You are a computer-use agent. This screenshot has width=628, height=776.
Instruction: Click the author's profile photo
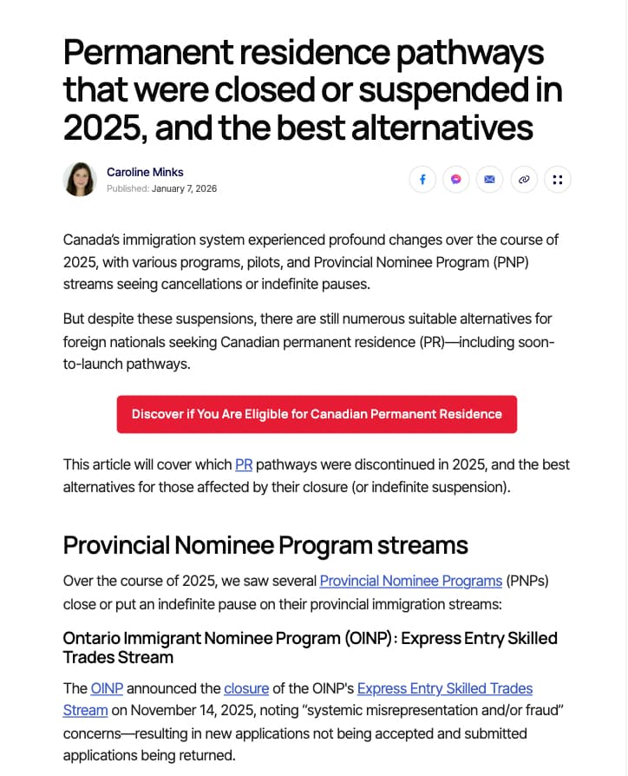(80, 180)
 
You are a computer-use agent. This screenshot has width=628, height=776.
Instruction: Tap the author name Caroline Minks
(145, 172)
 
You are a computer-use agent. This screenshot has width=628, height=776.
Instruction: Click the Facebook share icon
(422, 180)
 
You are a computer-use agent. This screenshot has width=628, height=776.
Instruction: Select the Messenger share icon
(455, 180)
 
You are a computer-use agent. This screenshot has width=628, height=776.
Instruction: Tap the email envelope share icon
(489, 180)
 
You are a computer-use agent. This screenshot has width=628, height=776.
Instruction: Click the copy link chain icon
(523, 180)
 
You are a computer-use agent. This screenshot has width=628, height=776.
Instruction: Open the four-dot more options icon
(557, 180)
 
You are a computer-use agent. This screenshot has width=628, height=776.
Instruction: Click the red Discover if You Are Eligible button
(317, 414)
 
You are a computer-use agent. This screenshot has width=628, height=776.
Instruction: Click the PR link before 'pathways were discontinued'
(244, 464)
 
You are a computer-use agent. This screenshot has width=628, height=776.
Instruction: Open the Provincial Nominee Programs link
(410, 581)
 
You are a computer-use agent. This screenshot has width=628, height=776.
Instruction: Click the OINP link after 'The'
(107, 688)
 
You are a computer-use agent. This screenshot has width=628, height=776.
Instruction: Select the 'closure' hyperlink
(246, 688)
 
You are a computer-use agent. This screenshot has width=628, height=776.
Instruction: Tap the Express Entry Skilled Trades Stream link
(444, 688)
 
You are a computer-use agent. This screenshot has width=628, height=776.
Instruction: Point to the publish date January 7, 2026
(184, 188)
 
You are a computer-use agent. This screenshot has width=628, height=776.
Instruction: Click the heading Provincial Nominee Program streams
(265, 545)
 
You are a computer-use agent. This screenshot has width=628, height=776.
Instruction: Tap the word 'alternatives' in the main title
(442, 127)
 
